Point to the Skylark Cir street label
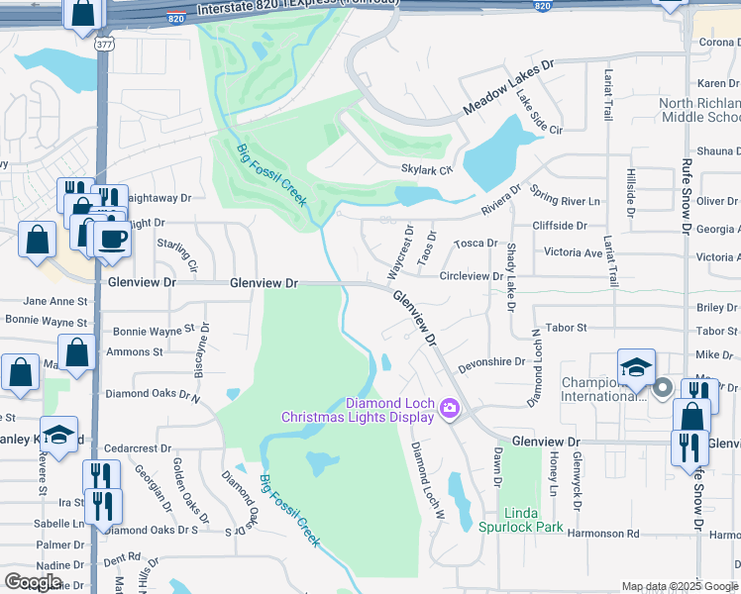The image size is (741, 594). (427, 170)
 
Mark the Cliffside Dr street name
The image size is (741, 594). (560, 226)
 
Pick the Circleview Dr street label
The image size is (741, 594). (472, 275)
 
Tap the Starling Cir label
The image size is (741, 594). (179, 254)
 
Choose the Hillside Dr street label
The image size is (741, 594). (631, 192)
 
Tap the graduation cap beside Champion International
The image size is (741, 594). (635, 366)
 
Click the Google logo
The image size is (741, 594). (33, 582)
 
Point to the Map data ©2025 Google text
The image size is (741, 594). (679, 586)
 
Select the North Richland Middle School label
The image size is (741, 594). (699, 110)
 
